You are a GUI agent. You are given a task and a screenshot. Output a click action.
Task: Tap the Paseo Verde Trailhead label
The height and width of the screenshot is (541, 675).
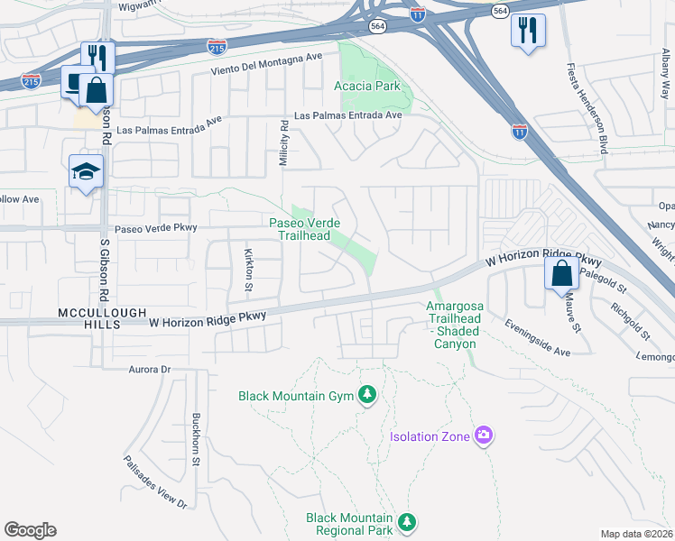point(303,229)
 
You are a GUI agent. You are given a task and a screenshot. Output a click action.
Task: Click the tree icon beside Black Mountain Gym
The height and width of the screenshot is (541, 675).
point(366,395)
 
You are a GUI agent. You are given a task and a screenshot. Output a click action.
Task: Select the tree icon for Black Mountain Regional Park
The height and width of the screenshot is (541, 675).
point(407,521)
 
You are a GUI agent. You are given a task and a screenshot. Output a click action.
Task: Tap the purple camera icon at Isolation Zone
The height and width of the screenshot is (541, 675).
point(484,436)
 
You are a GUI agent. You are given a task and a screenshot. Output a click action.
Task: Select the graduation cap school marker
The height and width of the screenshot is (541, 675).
point(87,171)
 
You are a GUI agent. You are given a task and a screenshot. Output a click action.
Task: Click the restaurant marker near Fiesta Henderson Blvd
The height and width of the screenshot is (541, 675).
point(528,30)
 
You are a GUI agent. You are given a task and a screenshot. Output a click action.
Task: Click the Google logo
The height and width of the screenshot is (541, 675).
point(30,529)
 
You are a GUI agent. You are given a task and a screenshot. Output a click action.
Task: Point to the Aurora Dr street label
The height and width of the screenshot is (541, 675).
point(137,370)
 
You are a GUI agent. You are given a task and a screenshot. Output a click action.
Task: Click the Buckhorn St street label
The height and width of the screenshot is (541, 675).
point(195,439)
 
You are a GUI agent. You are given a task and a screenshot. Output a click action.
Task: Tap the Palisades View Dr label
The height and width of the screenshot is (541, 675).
point(155,481)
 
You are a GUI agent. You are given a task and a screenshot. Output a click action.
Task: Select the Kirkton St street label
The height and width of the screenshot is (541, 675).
point(248,266)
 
